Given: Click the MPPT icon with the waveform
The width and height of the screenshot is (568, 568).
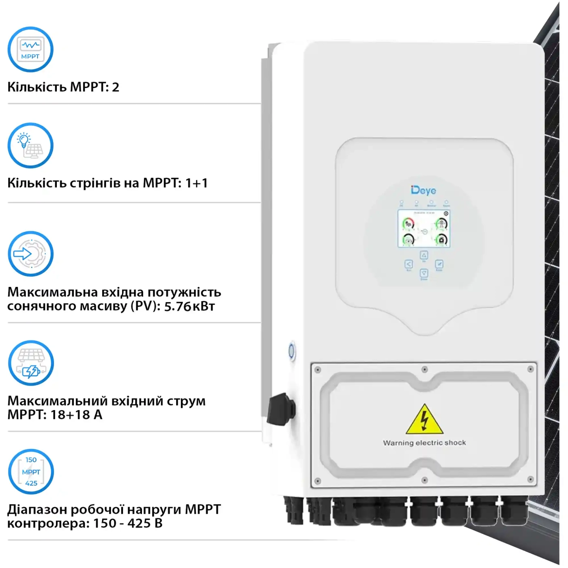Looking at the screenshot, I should click(x=30, y=49).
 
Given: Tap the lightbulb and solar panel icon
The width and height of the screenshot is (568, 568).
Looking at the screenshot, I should click(x=30, y=146).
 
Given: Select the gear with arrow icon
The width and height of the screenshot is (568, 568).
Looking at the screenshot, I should click(x=30, y=254).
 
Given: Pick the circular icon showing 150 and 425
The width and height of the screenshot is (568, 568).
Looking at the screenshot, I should click(x=31, y=471).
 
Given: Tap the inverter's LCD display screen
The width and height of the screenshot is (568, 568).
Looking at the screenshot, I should click(x=424, y=229).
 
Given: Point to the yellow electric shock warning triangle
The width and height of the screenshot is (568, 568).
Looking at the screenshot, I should click(x=424, y=420).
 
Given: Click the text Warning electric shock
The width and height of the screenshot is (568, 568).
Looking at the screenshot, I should click(x=424, y=443).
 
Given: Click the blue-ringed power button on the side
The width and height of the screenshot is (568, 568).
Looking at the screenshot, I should click(x=291, y=351).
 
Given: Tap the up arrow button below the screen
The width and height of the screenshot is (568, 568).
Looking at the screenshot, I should click(x=424, y=255).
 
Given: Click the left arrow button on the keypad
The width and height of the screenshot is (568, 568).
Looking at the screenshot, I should click(x=409, y=264).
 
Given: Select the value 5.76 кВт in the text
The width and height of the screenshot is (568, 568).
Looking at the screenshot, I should click(x=189, y=306).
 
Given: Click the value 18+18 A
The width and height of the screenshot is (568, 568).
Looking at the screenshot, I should click(x=76, y=415).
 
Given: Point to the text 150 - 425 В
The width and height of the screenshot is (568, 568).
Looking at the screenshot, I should click(x=128, y=523).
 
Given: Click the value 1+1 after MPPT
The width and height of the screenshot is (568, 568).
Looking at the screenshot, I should click(x=197, y=183).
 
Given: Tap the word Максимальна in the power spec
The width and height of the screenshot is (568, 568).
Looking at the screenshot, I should click(x=53, y=292).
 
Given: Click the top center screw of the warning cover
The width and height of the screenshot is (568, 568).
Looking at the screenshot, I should click(x=424, y=370).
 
